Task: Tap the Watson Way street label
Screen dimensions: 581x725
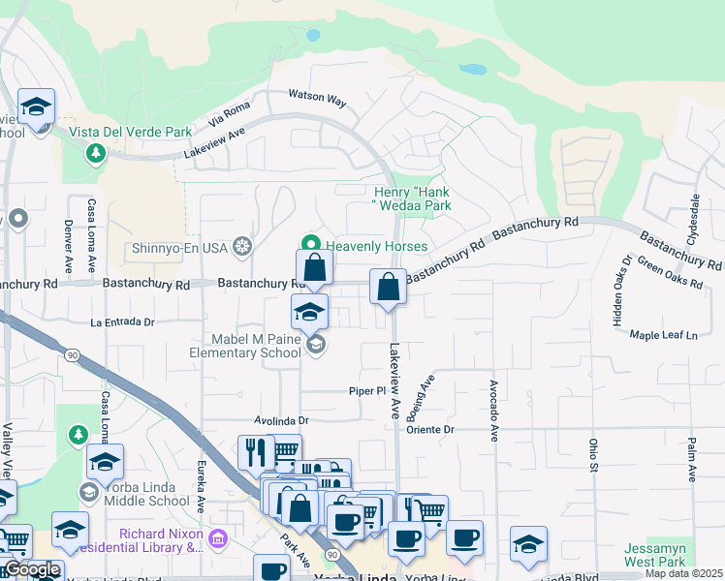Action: (x=317, y=99)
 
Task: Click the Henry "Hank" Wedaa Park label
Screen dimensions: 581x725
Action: (x=413, y=199)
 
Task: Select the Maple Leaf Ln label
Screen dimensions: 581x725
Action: (x=664, y=335)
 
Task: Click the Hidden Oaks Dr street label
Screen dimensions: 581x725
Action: (x=620, y=290)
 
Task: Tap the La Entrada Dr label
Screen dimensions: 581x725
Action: (x=122, y=321)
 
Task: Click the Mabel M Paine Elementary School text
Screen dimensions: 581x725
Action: (x=258, y=346)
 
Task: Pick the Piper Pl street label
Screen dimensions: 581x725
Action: (x=368, y=390)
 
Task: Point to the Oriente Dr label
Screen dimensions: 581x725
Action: (x=430, y=429)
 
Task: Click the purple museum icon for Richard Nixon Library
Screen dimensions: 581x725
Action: (x=218, y=536)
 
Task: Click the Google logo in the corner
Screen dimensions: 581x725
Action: (x=32, y=570)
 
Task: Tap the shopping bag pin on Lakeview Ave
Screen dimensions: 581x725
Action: (x=388, y=288)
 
